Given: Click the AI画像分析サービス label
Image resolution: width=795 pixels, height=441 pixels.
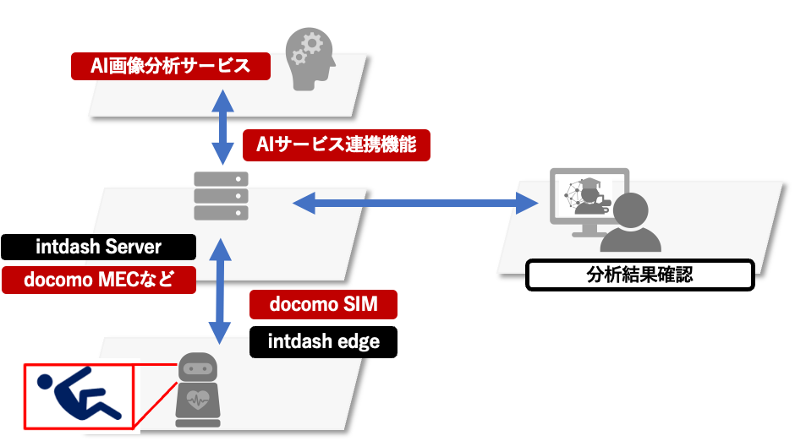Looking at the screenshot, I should (170, 66).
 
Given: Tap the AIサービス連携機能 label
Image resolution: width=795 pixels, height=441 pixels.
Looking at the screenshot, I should (336, 144).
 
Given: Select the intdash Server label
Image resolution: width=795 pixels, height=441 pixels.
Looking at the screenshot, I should (99, 248).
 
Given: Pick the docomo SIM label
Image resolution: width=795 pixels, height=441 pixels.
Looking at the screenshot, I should (323, 304).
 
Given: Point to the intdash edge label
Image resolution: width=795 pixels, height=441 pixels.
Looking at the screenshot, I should (323, 342).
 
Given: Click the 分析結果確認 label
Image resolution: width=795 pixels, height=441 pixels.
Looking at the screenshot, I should (639, 275).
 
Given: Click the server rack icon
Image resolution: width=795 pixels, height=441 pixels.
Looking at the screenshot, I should (222, 196).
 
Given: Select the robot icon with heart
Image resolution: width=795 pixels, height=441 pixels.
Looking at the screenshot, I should (198, 389).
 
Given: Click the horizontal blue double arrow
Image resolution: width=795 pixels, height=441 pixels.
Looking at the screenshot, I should (415, 202).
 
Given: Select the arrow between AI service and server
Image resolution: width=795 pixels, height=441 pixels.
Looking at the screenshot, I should (222, 127).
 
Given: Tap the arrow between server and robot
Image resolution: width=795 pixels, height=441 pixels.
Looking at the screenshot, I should (221, 291).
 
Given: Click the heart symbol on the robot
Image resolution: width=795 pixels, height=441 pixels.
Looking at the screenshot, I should (198, 400).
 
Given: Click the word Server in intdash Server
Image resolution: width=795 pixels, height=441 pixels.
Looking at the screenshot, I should (133, 248).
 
